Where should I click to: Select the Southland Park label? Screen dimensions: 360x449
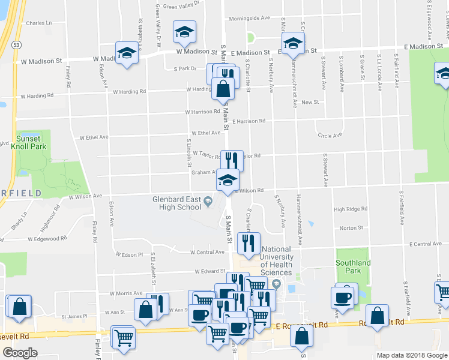[x=353, y=267]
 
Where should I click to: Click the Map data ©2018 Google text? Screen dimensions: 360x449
[x=411, y=355]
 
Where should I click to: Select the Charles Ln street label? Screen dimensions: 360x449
[x=39, y=23]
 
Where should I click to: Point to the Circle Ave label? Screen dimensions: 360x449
[x=330, y=136]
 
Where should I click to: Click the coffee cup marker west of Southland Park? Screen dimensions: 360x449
[x=343, y=297]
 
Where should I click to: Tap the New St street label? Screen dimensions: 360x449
[x=310, y=103]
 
